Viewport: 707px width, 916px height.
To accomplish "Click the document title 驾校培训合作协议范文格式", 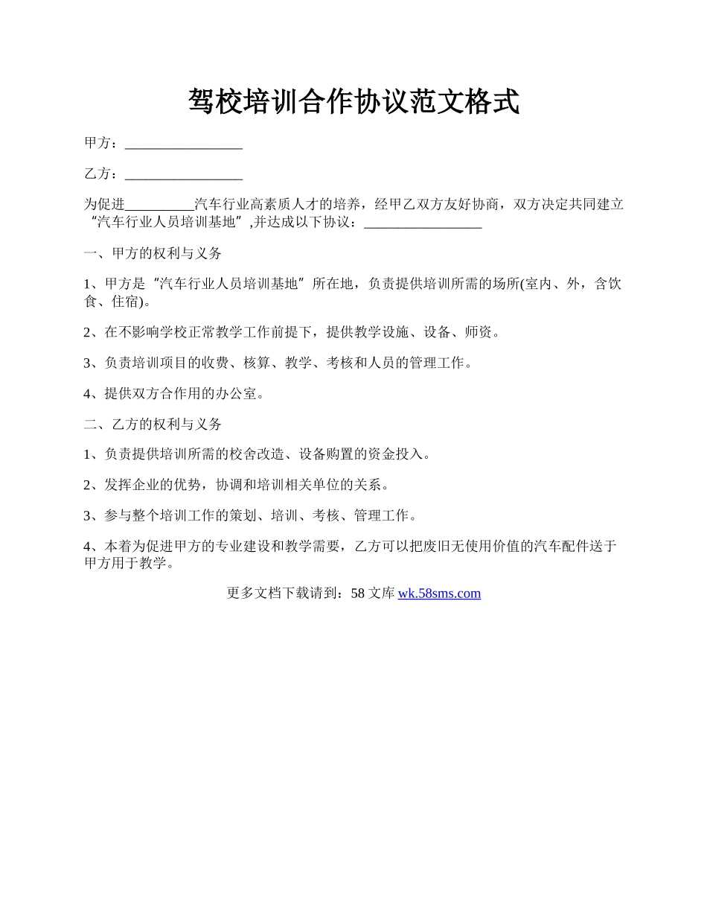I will coord(353,102).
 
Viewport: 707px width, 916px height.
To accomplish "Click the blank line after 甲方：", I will coord(184,144).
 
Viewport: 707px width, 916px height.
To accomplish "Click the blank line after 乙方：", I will coord(184,175).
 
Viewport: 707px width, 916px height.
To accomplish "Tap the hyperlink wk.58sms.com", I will coord(439,594).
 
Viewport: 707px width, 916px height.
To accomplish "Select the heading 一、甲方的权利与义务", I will coord(153,253).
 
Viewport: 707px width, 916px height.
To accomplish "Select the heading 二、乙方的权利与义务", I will coord(153,424).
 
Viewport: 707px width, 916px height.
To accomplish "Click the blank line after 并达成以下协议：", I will coord(423,223).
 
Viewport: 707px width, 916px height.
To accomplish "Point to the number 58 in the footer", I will coord(357,594).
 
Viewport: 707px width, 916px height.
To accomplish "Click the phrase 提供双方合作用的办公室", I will coord(183,394).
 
